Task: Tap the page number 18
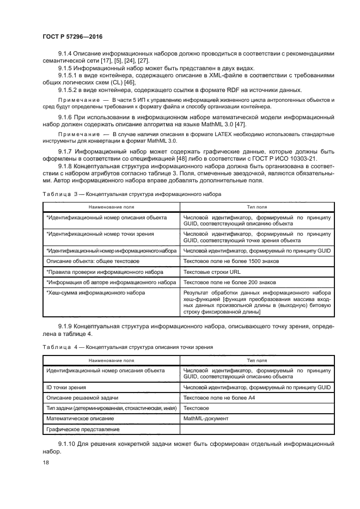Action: pos(46,462)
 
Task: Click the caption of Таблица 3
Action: pos(131,193)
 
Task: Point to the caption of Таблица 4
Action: pos(127,347)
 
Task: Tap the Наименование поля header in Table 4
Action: pos(111,360)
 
